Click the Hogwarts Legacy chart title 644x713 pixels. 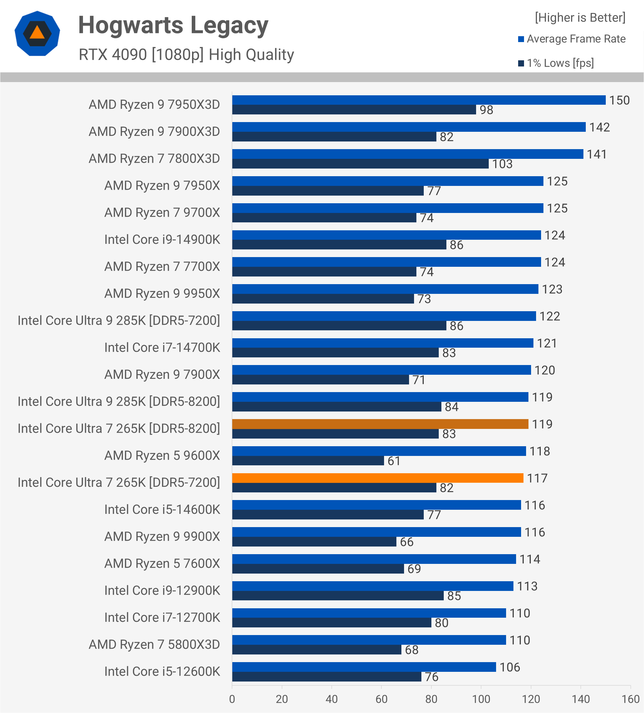click(173, 26)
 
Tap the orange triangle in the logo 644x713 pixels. click(37, 33)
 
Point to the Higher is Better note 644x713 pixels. click(580, 18)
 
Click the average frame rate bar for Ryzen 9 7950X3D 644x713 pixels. click(418, 100)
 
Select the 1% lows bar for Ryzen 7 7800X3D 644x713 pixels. click(360, 164)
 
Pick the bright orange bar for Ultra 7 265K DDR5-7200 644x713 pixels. click(377, 478)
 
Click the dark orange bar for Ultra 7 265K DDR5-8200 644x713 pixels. click(380, 424)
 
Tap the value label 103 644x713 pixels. click(502, 164)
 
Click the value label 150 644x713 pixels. click(619, 100)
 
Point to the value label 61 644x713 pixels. click(394, 461)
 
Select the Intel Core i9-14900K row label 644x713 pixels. click(162, 240)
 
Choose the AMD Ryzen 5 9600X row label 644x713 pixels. click(162, 456)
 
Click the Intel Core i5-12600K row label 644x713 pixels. click(162, 672)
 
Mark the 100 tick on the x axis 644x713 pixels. click(481, 699)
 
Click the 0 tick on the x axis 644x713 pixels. click(232, 699)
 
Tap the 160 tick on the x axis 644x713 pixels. click(630, 699)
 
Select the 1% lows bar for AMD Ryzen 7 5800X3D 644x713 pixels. click(316, 650)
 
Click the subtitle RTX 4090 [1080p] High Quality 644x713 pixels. click(186, 55)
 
